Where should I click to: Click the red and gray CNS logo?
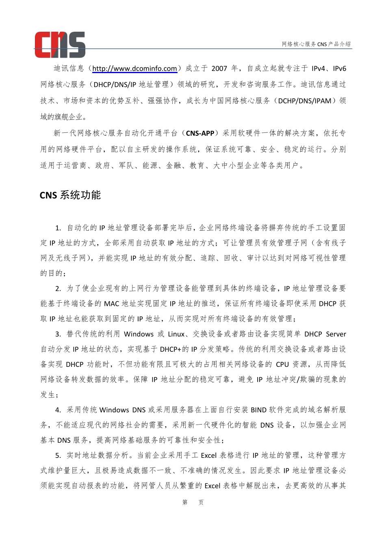60,44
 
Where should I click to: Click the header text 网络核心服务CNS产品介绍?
316,44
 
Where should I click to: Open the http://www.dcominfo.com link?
134,69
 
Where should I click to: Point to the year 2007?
219,69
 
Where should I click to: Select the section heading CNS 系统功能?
70,195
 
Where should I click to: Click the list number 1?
58,228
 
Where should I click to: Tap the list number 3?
58,334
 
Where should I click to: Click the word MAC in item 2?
111,304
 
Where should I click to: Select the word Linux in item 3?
176,334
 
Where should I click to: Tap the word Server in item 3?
336,334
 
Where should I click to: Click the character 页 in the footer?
201,503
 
